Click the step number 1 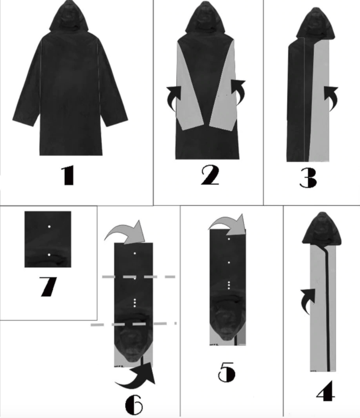point(67,175)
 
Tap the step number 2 point(210,175)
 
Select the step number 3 point(308,178)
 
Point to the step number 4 point(326,391)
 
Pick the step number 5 point(227,372)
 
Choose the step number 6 point(134,404)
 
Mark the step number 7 point(48,287)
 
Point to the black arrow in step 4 point(308,301)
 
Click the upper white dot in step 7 point(49,226)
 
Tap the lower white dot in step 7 point(49,255)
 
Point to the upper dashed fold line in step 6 point(138,277)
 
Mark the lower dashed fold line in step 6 point(134,324)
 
